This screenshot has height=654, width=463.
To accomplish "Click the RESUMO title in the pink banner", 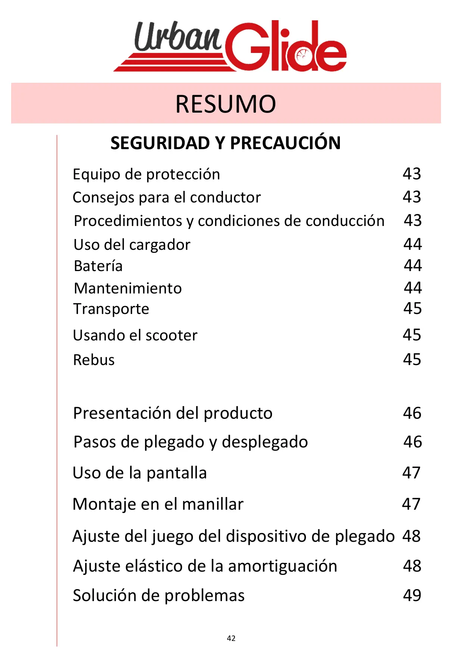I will [226, 104].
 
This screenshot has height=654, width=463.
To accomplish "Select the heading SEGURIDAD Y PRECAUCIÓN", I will [225, 143].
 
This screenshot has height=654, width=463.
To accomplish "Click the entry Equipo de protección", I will [146, 174].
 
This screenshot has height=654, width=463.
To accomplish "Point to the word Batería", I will [98, 266].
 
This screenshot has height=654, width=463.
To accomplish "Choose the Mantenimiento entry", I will [128, 288].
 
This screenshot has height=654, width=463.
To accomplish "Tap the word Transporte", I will [111, 309].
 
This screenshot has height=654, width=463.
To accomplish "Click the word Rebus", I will [94, 360].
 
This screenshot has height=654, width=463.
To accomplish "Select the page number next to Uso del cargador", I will [412, 244].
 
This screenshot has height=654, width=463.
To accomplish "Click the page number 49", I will [412, 595].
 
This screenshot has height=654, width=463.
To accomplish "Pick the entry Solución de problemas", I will [159, 595].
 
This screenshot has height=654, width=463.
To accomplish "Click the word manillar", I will [213, 504].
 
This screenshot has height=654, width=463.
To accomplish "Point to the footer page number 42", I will [231, 638].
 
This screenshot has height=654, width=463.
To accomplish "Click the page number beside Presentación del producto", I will [412, 413].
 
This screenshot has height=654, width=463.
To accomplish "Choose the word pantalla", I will [176, 473].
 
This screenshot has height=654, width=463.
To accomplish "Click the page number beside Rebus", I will [412, 359].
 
